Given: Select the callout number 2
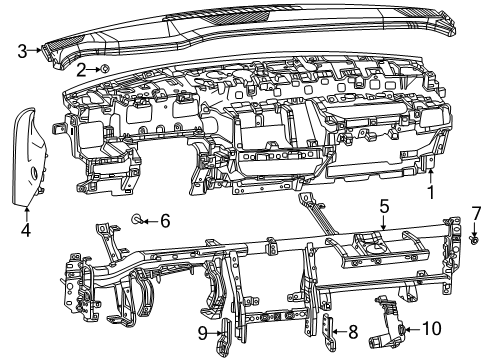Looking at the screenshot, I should point(81,68).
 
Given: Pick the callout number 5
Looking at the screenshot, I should point(382,208).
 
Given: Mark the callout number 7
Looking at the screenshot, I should point(476,213).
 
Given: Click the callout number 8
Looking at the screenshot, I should point(353,331).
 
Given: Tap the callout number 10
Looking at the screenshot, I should point(431,328).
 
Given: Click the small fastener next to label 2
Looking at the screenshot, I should point(104,68).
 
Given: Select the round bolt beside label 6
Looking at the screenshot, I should point(139,219).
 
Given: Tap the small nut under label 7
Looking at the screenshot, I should point(473,237).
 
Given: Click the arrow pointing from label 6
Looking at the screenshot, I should point(151,219).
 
